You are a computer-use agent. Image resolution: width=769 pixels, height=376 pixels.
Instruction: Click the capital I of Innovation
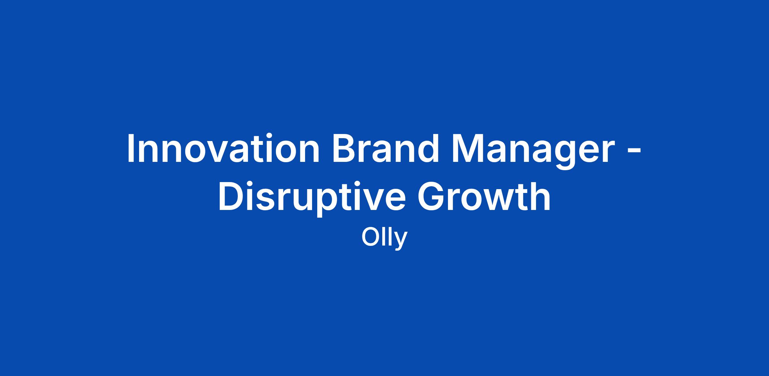tap(131, 148)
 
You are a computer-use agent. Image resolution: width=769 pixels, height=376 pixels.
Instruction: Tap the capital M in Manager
tap(467, 148)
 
